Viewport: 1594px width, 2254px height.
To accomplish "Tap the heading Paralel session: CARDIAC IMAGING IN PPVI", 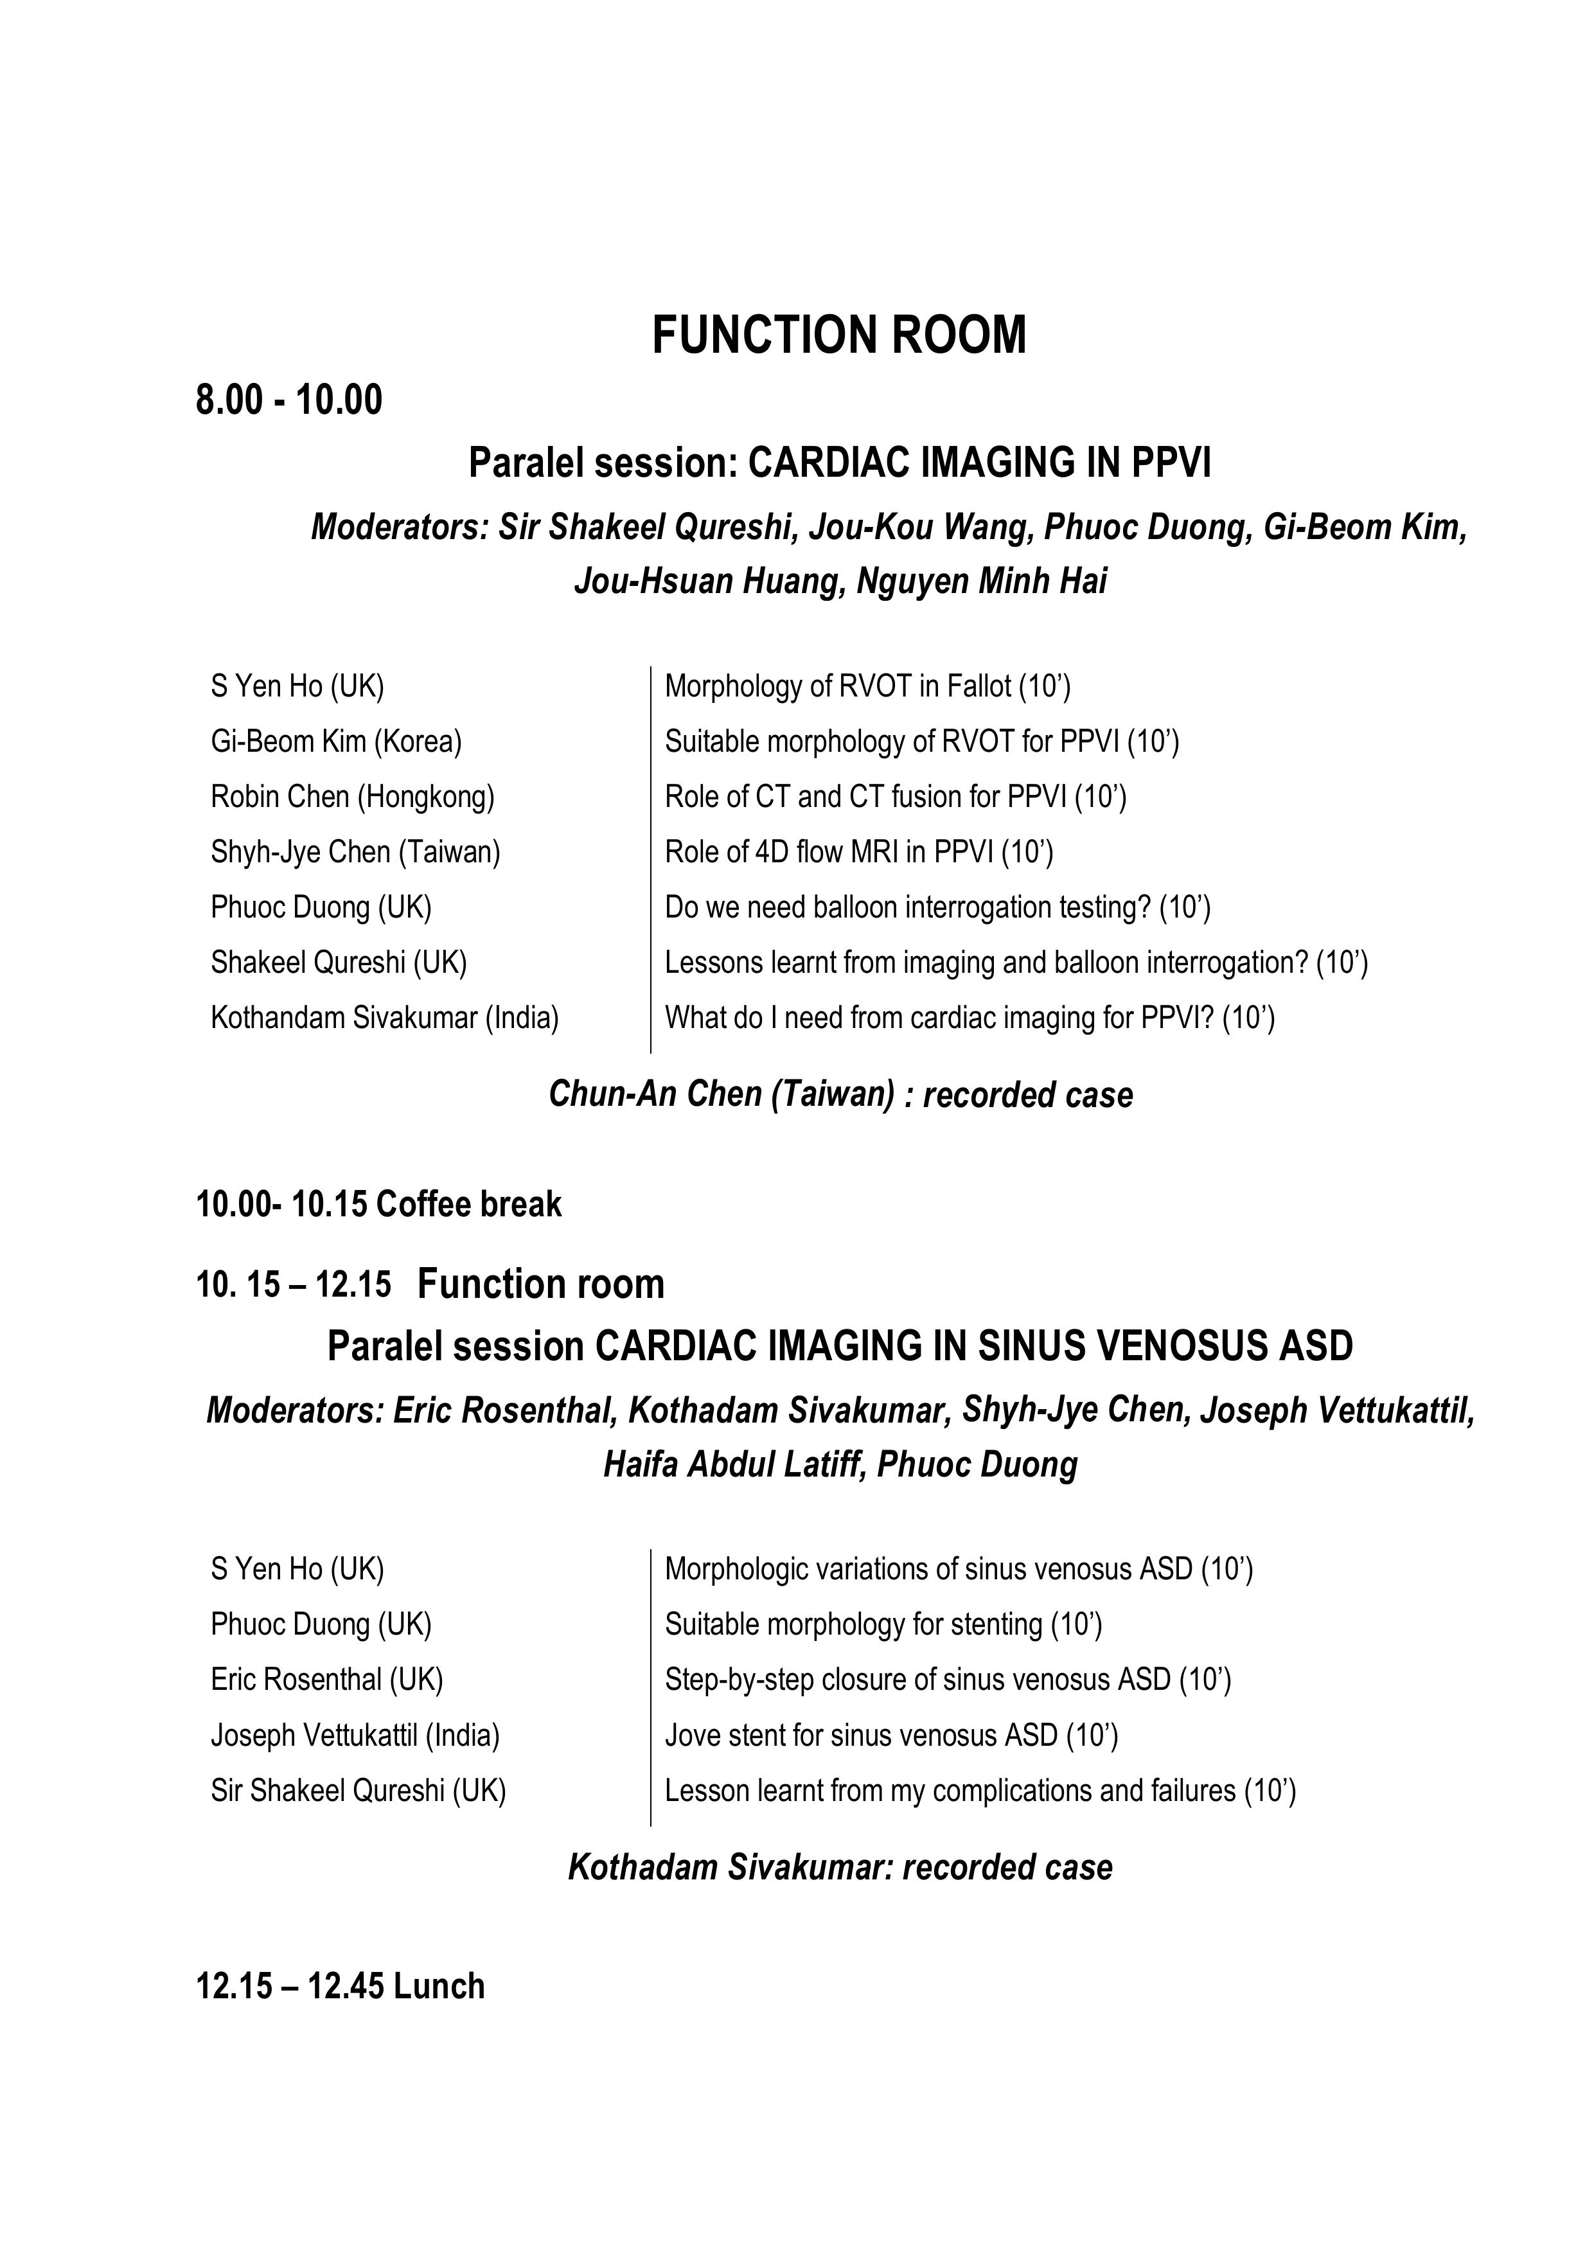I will (x=839, y=463).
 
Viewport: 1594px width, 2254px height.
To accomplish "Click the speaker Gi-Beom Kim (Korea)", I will (x=335, y=741).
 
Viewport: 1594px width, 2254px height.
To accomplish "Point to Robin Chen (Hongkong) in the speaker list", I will (x=352, y=796).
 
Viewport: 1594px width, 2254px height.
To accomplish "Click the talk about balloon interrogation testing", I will (x=937, y=907).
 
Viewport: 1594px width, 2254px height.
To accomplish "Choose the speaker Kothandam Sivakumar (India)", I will (x=385, y=1018).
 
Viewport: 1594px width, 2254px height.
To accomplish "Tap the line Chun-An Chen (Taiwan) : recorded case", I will (x=840, y=1095).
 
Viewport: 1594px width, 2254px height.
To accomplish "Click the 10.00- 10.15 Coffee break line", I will (x=379, y=1205).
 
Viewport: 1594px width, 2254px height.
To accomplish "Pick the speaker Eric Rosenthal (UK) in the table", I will (x=327, y=1680).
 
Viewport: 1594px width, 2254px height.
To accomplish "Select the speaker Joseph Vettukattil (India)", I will (x=355, y=1735).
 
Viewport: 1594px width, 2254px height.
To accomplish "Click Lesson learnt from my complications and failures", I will (x=980, y=1791).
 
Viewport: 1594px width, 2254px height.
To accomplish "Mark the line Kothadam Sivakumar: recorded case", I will (x=840, y=1867).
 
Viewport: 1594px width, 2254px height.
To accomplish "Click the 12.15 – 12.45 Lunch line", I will (x=341, y=1986).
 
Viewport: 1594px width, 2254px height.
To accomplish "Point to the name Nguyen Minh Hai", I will (x=982, y=581).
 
